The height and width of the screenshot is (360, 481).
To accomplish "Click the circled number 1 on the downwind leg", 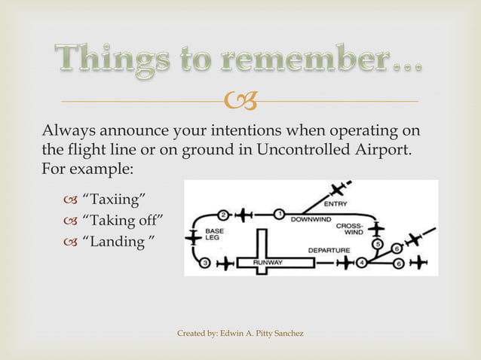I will tap(278, 214).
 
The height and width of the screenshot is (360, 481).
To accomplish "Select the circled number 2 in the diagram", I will tap(223, 214).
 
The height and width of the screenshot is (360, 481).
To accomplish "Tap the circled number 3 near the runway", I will tap(205, 263).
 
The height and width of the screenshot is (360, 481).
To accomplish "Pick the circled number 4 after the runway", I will tap(361, 263).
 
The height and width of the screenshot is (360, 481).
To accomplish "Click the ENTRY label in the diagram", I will tap(336, 203).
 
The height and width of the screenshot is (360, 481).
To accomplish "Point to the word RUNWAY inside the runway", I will tap(268, 263).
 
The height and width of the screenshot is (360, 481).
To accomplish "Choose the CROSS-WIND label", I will tap(350, 228).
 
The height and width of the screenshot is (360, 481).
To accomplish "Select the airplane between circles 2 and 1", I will tap(244, 215).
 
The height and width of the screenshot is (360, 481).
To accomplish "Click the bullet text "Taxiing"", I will tap(113, 199).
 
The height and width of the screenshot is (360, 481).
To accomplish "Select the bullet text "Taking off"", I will tap(121, 221).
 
